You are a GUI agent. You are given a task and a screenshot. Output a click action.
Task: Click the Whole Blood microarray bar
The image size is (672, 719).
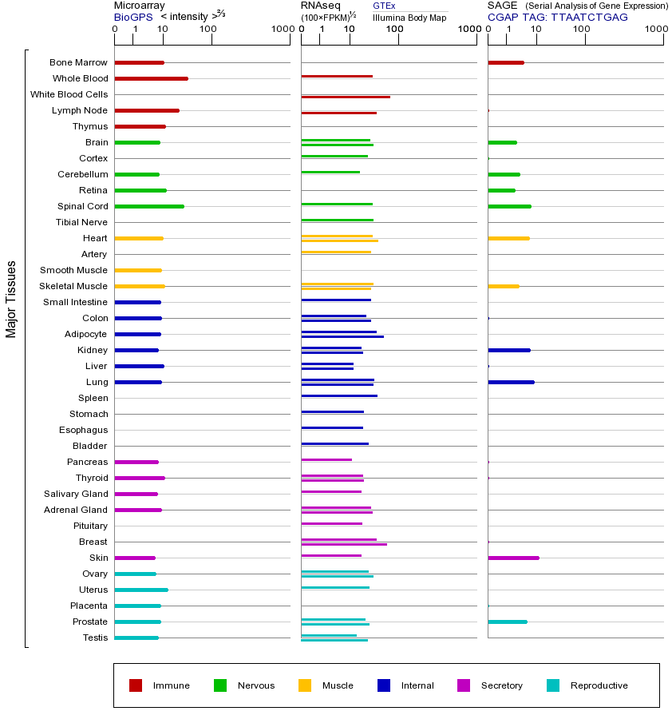click(152, 78)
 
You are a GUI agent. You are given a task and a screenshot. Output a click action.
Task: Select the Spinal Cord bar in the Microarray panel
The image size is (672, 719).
click(149, 206)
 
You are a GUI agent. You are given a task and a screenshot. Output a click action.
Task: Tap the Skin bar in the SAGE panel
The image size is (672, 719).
click(513, 558)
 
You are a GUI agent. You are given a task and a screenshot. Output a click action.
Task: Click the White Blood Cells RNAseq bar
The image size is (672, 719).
click(346, 97)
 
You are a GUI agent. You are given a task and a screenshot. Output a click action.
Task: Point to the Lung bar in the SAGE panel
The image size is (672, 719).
click(511, 382)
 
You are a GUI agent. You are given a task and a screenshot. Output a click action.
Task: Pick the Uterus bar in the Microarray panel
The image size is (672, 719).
click(141, 590)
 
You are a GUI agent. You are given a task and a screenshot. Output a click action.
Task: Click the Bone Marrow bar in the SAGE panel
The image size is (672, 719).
click(506, 62)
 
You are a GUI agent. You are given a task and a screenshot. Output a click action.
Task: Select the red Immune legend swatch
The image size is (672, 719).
click(136, 685)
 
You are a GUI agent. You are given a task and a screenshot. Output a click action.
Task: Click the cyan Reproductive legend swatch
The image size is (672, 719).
click(553, 685)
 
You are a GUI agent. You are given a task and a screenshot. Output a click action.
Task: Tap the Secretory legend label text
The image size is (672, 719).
click(501, 685)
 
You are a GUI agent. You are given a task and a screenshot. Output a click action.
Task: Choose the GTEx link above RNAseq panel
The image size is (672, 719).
click(384, 6)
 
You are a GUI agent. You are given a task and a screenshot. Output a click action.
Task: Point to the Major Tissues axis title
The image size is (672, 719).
click(11, 299)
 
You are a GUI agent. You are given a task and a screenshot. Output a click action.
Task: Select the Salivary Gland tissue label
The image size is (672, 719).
click(76, 494)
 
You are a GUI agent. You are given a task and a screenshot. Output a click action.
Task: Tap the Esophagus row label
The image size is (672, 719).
click(83, 430)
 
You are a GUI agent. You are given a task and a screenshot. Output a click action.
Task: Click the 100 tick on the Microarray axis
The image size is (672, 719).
click(208, 30)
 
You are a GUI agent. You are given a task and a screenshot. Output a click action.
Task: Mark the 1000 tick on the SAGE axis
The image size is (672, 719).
click(656, 30)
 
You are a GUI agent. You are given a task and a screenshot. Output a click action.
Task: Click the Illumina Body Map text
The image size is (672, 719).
click(409, 18)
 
